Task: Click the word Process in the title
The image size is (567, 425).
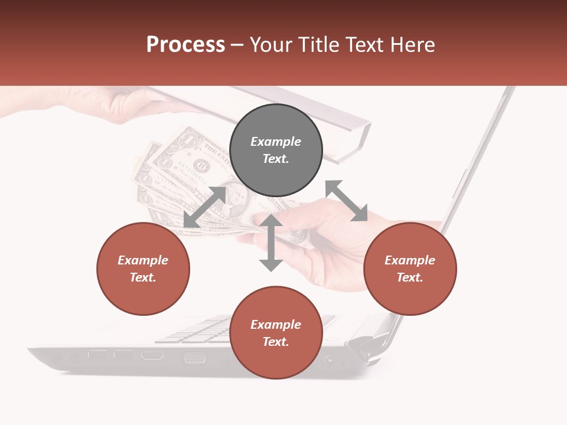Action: pyautogui.click(x=185, y=45)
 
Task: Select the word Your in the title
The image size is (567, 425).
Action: pyautogui.click(x=272, y=45)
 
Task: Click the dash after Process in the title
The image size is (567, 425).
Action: pyautogui.click(x=237, y=45)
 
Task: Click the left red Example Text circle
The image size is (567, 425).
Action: pyautogui.click(x=143, y=269)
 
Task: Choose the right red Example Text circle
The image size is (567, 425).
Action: pyautogui.click(x=410, y=269)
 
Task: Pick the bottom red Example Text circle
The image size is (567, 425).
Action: pyautogui.click(x=276, y=333)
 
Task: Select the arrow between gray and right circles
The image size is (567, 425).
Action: pyautogui.click(x=347, y=201)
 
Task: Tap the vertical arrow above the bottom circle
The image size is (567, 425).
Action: pyautogui.click(x=271, y=243)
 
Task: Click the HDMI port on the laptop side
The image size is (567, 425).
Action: pyautogui.click(x=152, y=355)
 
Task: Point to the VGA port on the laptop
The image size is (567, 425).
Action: pyautogui.click(x=194, y=357)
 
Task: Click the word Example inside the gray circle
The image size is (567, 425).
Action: pyautogui.click(x=276, y=142)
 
